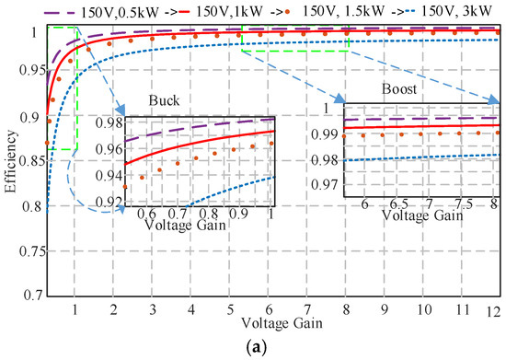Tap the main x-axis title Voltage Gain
(x=276, y=325)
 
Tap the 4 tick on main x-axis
(x=190, y=311)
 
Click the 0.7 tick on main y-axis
(x=33, y=295)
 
